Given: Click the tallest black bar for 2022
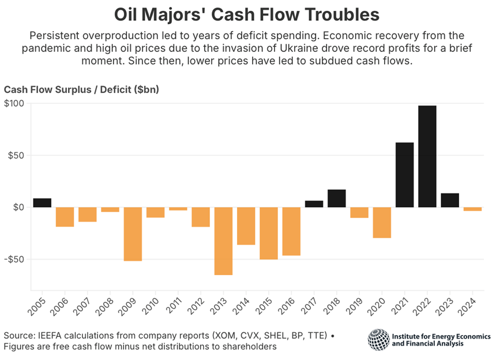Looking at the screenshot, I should (427, 156).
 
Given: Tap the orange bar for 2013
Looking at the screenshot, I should (223, 241).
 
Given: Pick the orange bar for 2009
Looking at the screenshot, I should (133, 234).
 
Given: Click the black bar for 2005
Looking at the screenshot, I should (42, 202).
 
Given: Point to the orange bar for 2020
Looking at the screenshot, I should (382, 222).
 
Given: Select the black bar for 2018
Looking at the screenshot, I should (337, 198).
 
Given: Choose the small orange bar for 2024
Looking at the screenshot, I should (472, 209).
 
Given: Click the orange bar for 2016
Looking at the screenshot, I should (291, 231).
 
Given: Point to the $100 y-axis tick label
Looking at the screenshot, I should (14, 104).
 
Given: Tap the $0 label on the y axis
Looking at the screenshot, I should (17, 208).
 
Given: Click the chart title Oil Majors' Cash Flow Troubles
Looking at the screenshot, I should (247, 14).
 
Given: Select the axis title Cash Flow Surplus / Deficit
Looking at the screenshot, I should (81, 89).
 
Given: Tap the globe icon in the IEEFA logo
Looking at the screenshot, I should (378, 340).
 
